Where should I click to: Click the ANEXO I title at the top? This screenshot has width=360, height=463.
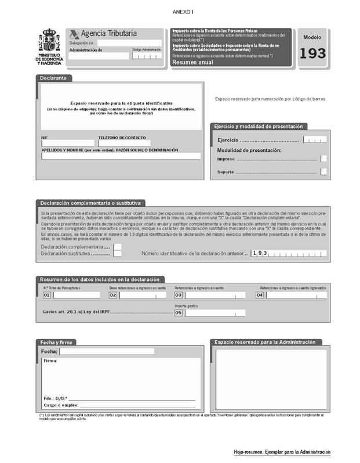click(180, 12)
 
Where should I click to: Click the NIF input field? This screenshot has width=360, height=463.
click(67, 143)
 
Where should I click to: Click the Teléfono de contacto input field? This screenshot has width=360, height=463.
click(124, 143)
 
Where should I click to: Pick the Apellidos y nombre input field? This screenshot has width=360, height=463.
click(121, 156)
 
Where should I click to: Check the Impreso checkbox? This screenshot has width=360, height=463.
click(323, 158)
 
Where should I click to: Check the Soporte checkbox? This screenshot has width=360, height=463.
click(323, 172)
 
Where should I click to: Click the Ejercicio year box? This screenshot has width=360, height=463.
click(315, 140)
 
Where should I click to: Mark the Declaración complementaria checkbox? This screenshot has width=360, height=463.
click(118, 247)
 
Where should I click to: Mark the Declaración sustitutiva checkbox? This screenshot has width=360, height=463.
click(118, 253)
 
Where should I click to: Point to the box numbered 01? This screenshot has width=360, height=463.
click(47, 295)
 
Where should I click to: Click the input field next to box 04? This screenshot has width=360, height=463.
click(296, 295)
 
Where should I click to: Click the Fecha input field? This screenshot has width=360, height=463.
click(107, 351)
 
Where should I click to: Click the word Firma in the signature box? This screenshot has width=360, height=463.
click(50, 360)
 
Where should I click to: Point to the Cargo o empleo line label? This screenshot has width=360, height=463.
click(60, 406)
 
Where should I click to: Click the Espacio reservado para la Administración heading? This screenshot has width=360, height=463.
click(265, 342)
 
